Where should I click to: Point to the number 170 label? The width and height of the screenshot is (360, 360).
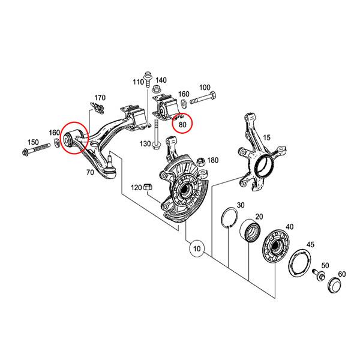[x=99, y=97]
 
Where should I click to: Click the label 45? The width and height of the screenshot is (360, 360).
[x=311, y=244]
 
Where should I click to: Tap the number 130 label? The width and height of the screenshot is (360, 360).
[x=145, y=143]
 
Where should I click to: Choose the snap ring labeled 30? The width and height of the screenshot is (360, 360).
[x=229, y=217]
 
